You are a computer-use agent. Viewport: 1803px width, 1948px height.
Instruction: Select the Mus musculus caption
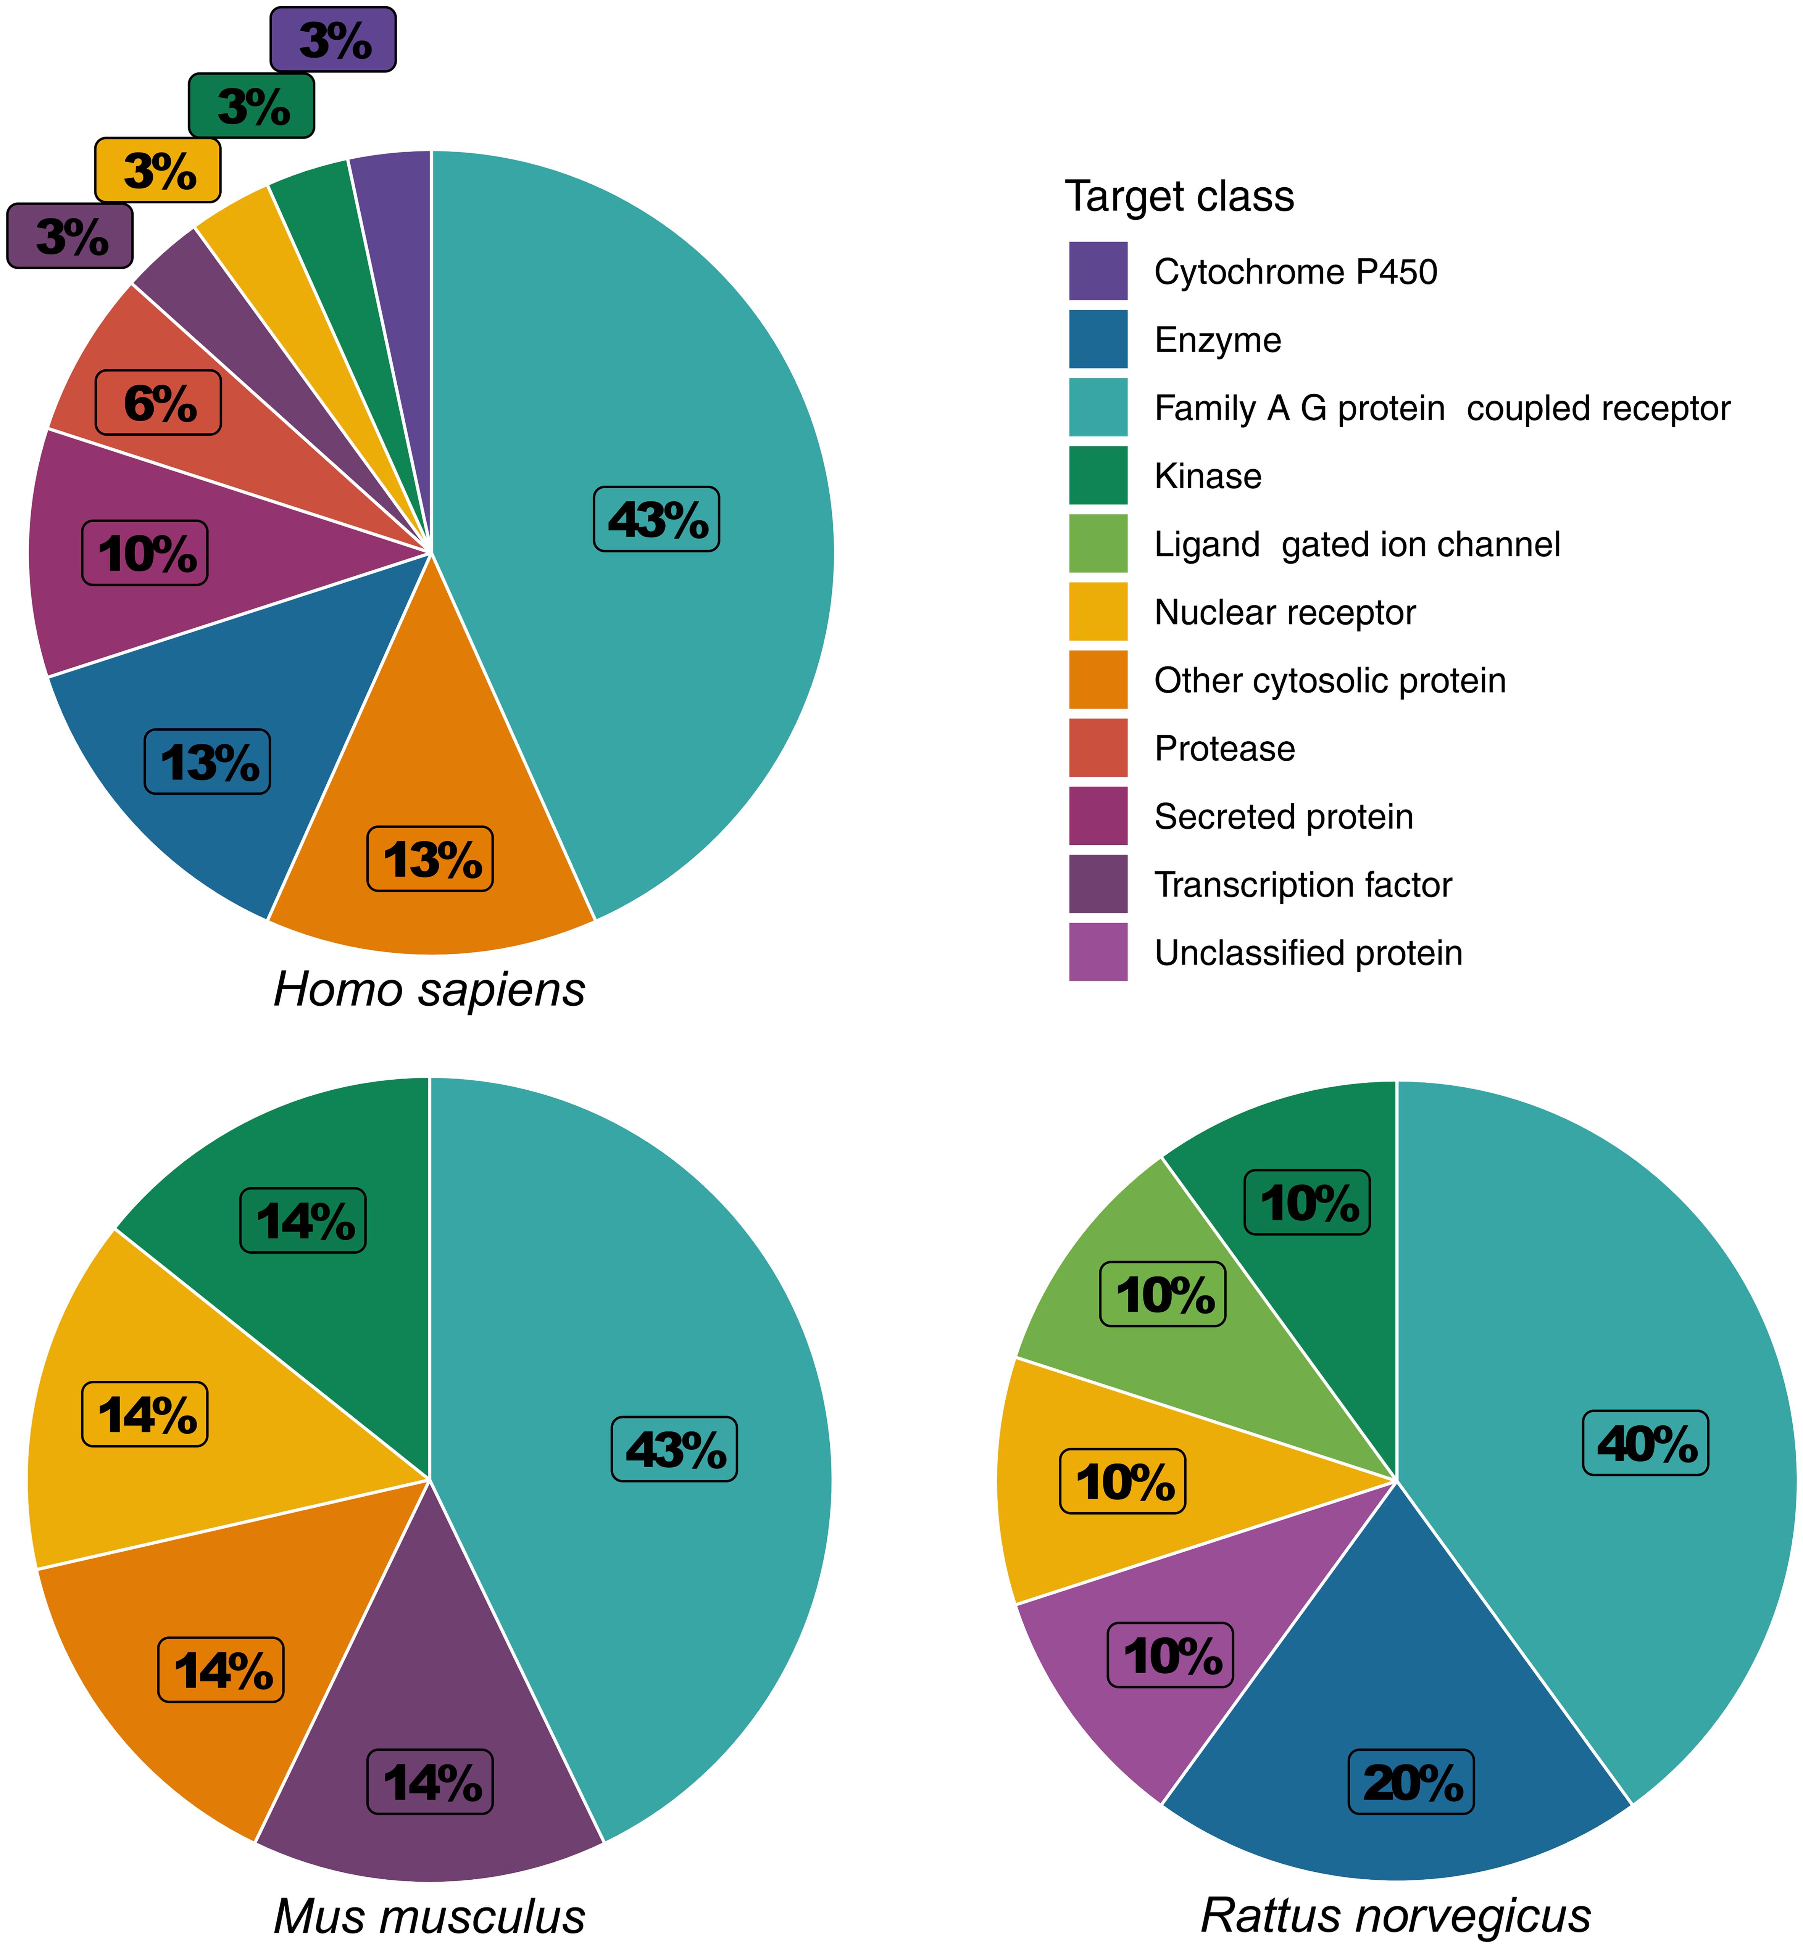(x=429, y=1916)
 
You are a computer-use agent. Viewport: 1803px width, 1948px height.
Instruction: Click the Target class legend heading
(x=1179, y=196)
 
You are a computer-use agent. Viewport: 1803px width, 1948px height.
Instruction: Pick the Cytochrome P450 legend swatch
(x=1098, y=271)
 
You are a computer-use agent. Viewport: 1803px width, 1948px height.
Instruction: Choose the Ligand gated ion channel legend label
(x=1356, y=544)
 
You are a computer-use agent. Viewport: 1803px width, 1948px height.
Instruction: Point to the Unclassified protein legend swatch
(x=1098, y=952)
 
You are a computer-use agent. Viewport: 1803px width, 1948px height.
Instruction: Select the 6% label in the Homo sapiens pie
(x=158, y=403)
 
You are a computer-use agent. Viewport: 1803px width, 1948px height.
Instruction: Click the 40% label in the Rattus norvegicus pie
(x=1645, y=1443)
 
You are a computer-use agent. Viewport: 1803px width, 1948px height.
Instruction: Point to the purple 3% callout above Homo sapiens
(x=333, y=40)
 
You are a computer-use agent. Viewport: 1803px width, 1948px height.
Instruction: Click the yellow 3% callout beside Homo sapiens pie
(x=158, y=171)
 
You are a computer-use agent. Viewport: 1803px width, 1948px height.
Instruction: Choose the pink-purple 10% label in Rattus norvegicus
(x=1171, y=1655)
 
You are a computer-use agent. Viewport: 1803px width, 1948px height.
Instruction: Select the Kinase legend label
(x=1208, y=476)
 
